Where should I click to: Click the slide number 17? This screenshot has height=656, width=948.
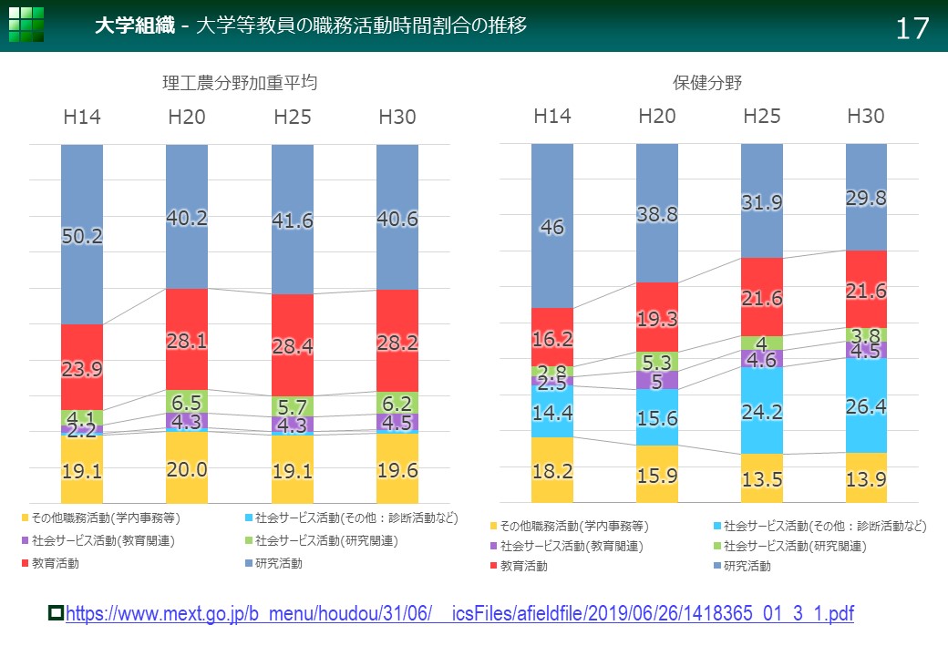(x=912, y=28)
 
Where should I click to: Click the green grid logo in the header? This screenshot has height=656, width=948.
(x=26, y=25)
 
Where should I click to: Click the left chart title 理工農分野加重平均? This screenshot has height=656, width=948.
(x=240, y=83)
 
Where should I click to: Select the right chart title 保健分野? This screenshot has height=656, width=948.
(x=708, y=83)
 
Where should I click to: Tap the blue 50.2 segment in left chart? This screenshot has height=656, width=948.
(x=82, y=234)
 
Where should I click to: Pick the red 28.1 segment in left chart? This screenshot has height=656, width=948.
(x=187, y=339)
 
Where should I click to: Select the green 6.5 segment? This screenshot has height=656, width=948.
(x=187, y=401)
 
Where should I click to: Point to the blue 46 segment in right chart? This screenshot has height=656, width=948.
(x=552, y=226)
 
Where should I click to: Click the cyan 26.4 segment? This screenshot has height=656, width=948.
(x=866, y=405)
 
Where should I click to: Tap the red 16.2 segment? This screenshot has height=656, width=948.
(x=552, y=337)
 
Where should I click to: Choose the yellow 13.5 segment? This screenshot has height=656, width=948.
(x=762, y=478)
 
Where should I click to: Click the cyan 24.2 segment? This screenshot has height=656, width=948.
(x=762, y=410)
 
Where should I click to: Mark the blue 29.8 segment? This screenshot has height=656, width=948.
(x=866, y=197)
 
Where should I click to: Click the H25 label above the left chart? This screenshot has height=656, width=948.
(x=293, y=117)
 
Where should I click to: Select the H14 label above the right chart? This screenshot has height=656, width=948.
(x=552, y=117)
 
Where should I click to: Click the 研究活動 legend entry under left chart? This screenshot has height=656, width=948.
(x=278, y=564)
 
